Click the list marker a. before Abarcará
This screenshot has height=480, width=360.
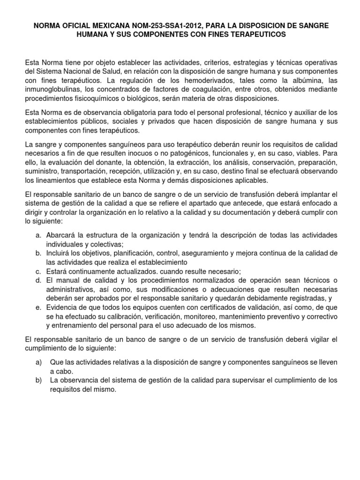38,235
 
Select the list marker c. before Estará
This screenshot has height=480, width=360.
38,271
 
